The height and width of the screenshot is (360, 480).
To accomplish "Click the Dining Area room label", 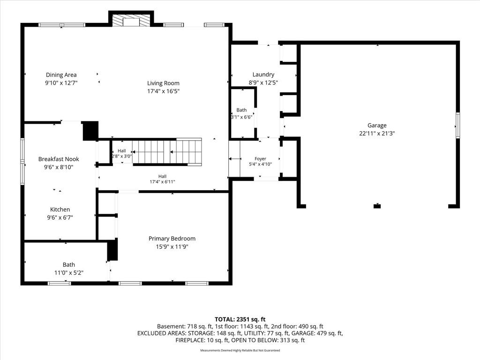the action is [x=61, y=75].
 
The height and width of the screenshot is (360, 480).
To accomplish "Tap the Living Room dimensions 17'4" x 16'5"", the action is [x=163, y=91].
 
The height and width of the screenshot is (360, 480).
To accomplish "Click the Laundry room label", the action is [x=263, y=75].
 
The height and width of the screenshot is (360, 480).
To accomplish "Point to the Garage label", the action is [x=377, y=125].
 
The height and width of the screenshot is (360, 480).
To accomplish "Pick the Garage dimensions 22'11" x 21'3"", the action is [x=377, y=133].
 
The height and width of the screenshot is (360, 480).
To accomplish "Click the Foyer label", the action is [x=260, y=158].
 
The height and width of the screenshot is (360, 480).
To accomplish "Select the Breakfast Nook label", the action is [x=59, y=159].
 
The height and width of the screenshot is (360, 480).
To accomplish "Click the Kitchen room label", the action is [x=60, y=210].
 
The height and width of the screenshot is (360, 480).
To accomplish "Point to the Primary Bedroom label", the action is [x=172, y=239].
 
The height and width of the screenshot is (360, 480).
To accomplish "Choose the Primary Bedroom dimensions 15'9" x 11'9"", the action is [x=172, y=247].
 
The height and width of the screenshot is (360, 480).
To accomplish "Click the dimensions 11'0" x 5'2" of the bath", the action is [x=69, y=272].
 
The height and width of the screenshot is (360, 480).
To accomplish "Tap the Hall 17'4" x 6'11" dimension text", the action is [x=162, y=181].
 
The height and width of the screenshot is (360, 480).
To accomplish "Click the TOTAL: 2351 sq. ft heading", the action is [x=240, y=320].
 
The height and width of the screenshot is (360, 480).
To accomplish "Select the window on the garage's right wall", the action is [x=458, y=125].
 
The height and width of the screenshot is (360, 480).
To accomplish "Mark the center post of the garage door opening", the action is [x=377, y=206].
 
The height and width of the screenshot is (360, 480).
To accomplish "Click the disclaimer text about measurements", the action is [x=240, y=350].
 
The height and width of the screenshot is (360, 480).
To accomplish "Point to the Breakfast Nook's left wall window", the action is [x=22, y=161].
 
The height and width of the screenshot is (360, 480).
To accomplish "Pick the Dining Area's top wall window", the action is [x=62, y=25].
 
